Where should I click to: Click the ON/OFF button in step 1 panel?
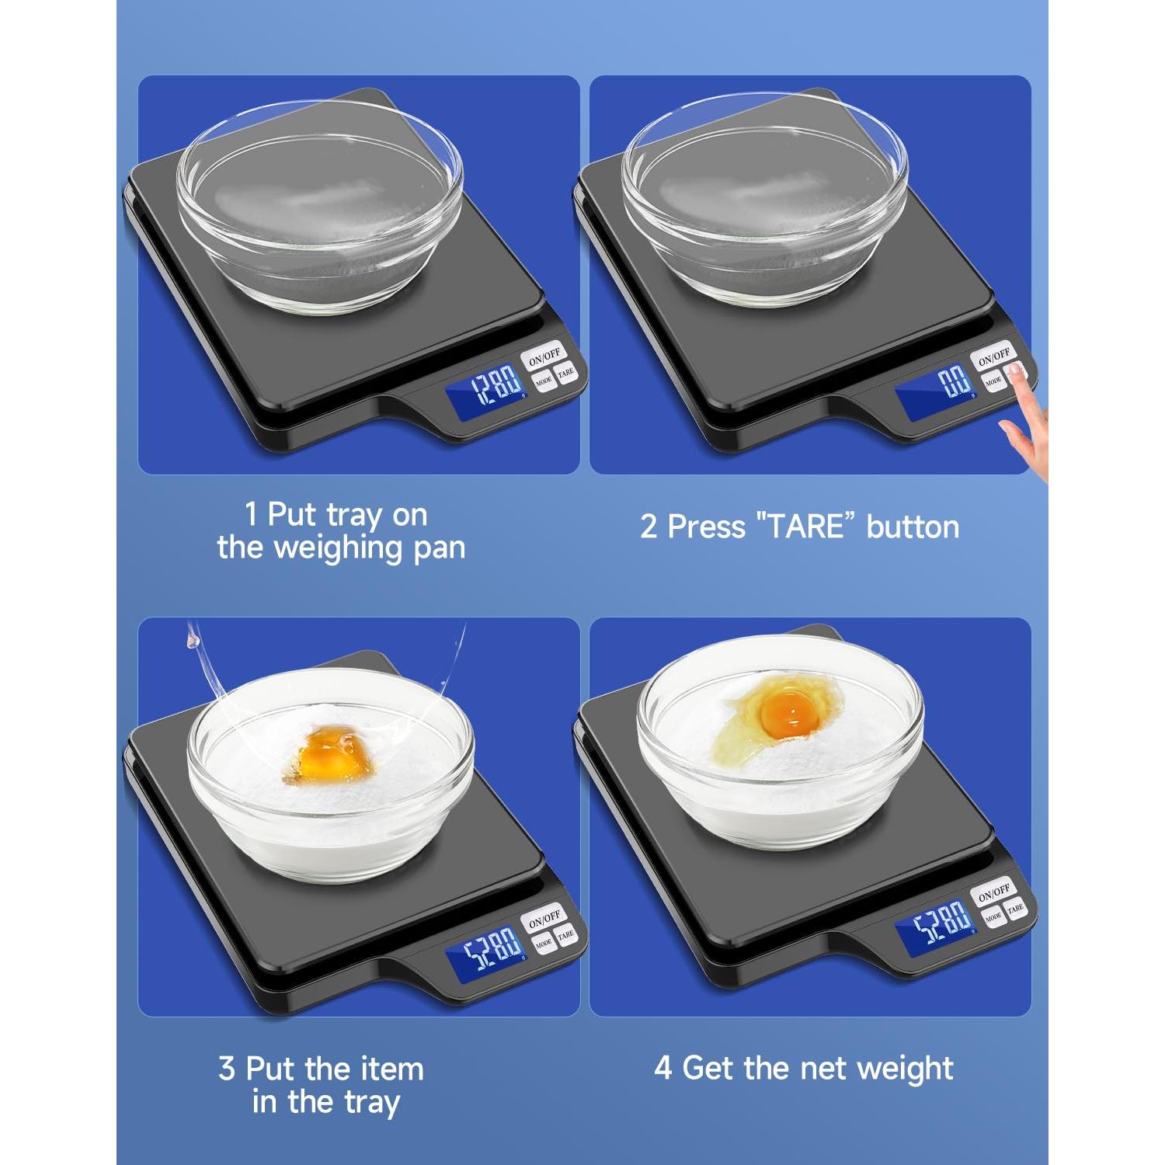coord(544,356)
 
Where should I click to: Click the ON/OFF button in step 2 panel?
coord(993,356)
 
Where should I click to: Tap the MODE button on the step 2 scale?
coord(993,381)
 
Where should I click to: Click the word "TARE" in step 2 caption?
coord(805,527)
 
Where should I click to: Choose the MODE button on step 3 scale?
coord(543,942)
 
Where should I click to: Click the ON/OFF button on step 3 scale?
coord(544,918)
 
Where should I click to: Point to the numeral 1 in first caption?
coord(250,514)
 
